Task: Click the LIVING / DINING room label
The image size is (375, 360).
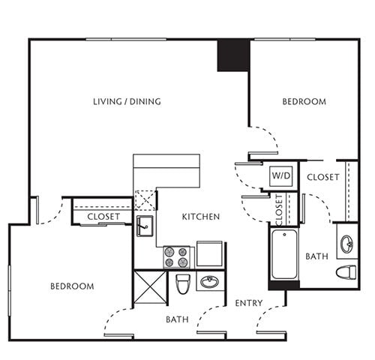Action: pyautogui.click(x=127, y=102)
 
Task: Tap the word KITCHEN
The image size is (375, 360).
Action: pyautogui.click(x=200, y=217)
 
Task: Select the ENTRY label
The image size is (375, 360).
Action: pyautogui.click(x=247, y=303)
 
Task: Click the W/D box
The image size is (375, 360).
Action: pyautogui.click(x=281, y=176)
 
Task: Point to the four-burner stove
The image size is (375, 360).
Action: pyautogui.click(x=178, y=256)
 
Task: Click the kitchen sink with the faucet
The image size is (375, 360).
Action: pyautogui.click(x=145, y=224)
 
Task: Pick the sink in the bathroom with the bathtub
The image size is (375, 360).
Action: pyautogui.click(x=347, y=244)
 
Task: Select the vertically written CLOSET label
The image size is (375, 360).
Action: pyautogui.click(x=279, y=210)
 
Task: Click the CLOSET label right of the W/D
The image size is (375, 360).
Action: pyautogui.click(x=323, y=177)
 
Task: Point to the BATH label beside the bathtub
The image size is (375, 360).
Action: pyautogui.click(x=316, y=256)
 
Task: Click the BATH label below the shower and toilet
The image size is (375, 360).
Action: pyautogui.click(x=176, y=319)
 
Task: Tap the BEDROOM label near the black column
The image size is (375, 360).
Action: pyautogui.click(x=304, y=102)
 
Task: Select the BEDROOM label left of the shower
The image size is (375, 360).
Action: pyautogui.click(x=72, y=286)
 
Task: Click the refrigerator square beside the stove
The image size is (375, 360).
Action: pyautogui.click(x=209, y=254)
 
